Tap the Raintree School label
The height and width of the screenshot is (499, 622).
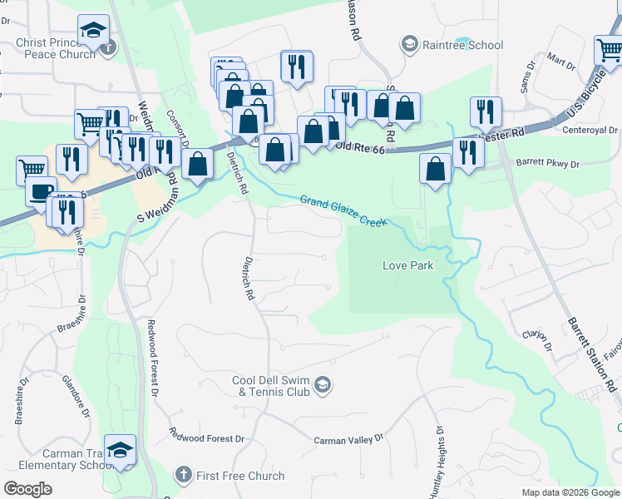click(x=462, y=44)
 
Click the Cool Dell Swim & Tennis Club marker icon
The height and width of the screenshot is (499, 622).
click(x=323, y=384)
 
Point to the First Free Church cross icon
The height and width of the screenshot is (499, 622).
click(x=183, y=476)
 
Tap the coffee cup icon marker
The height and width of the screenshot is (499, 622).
click(x=40, y=190)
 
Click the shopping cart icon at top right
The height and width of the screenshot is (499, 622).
click(x=610, y=50)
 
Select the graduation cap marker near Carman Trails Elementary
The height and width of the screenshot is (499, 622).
click(x=121, y=449)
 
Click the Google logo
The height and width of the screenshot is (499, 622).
click(x=27, y=489)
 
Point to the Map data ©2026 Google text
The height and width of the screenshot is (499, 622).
click(x=570, y=492)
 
